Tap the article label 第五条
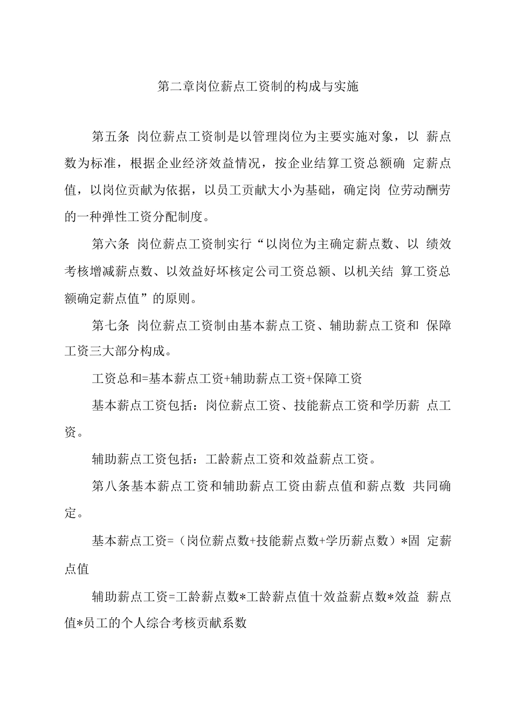coord(110,136)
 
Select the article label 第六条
coord(110,244)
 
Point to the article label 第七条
coord(110,325)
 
